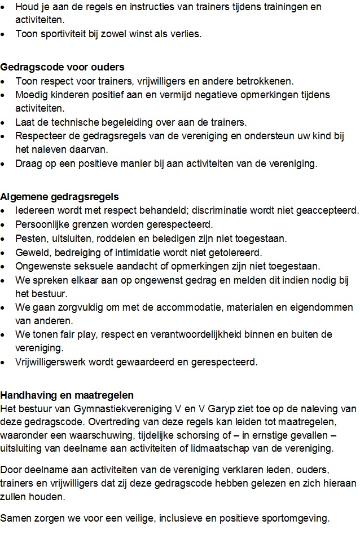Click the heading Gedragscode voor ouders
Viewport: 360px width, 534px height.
point(62,67)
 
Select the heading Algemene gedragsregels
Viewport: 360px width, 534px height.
point(59,197)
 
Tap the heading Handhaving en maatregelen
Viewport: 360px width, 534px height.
point(67,395)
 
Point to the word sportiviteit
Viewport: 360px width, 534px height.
point(62,34)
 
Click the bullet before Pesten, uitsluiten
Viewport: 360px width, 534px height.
point(5,239)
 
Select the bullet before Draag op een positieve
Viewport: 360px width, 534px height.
point(5,164)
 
